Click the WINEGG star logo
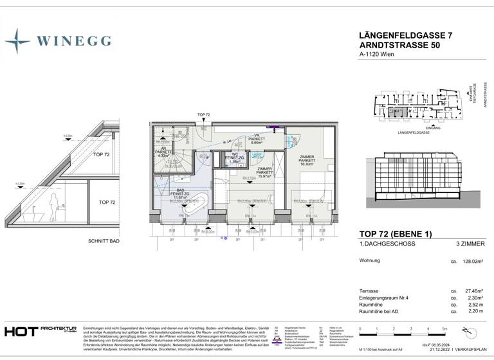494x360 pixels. click(17, 40)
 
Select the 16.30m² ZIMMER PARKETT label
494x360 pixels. click(306, 160)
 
